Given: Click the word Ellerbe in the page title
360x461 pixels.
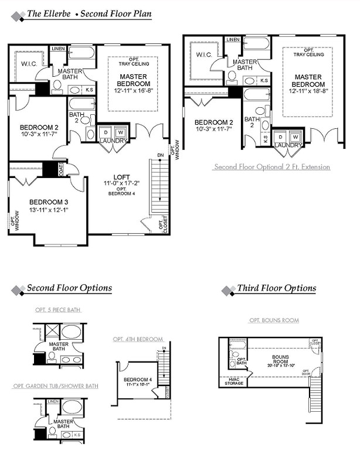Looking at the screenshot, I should (57, 13).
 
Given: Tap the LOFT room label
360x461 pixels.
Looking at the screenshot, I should (122, 177).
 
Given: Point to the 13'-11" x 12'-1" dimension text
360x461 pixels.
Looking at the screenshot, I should (48, 209).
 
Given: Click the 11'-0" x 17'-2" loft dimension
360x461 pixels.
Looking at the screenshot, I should (122, 183).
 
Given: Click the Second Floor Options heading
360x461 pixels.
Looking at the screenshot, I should (69, 288).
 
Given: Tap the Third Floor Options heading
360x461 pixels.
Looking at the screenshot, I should (276, 288).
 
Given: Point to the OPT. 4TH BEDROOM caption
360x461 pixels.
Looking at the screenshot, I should (138, 339).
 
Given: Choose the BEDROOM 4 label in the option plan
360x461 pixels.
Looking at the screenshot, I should (138, 380).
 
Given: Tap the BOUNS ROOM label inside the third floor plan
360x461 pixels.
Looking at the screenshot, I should (280, 358).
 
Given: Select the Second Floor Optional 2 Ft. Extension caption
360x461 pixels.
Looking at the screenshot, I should (272, 167).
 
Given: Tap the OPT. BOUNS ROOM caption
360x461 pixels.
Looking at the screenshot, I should (274, 320).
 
